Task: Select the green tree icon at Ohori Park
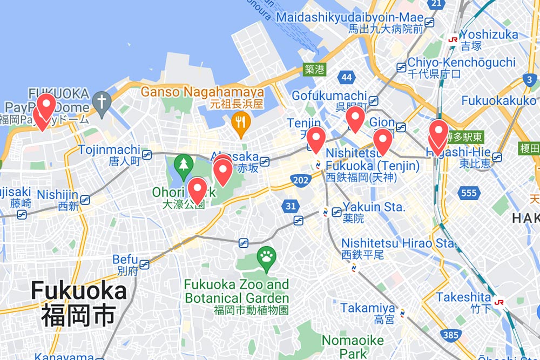point(184,163)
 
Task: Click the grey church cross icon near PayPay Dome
point(101,100)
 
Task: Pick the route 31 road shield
point(291,206)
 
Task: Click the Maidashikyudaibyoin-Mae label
point(349,17)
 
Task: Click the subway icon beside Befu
point(144,264)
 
